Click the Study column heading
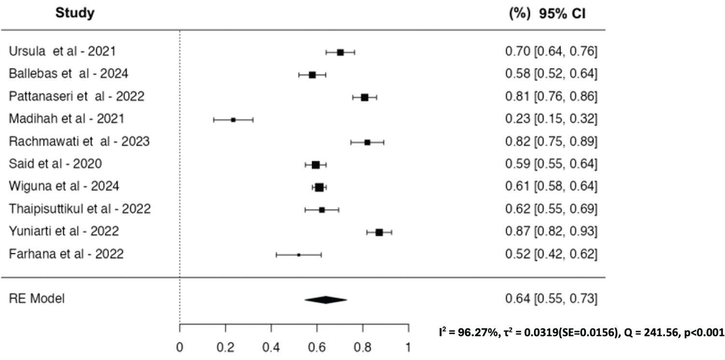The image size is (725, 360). [74, 14]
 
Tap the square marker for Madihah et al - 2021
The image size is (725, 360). [233, 120]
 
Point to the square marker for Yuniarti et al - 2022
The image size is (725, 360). [379, 232]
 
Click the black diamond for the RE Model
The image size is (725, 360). [326, 300]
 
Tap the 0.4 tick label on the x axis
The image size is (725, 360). [272, 347]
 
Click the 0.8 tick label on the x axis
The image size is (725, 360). [363, 347]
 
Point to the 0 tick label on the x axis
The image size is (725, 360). [180, 347]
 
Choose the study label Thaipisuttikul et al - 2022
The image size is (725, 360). [80, 209]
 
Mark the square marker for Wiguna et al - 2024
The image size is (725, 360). [319, 187]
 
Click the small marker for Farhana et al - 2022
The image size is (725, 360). [299, 255]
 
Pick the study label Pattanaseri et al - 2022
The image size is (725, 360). [76, 97]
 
